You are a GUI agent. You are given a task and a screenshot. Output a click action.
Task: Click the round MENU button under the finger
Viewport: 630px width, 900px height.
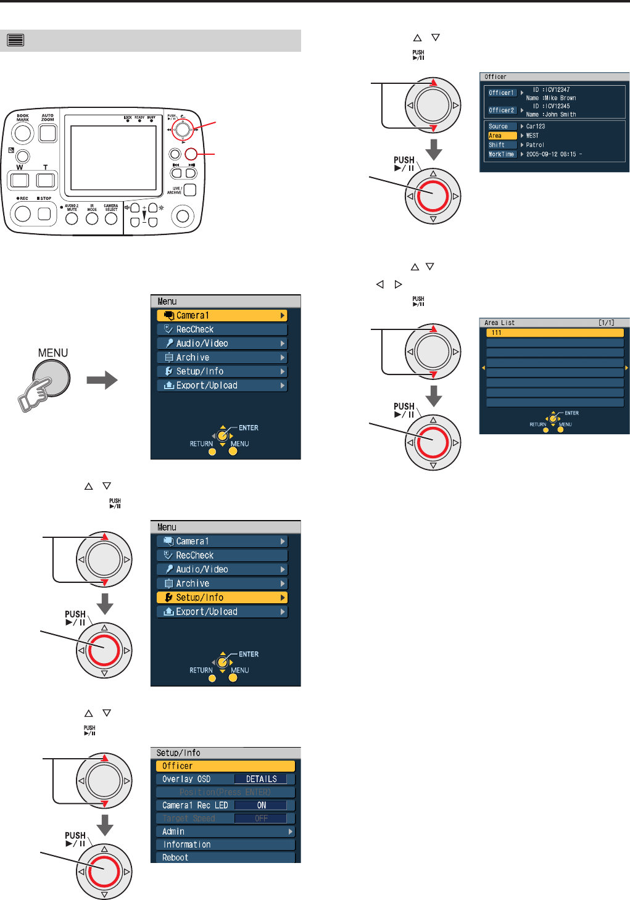click(x=52, y=378)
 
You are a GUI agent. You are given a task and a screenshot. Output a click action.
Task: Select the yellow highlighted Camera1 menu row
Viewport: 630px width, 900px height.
click(x=222, y=315)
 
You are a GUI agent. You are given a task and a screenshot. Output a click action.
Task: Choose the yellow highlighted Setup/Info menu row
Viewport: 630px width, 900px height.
click(x=222, y=597)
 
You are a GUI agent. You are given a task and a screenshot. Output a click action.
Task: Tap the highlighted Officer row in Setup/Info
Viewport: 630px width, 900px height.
click(x=225, y=766)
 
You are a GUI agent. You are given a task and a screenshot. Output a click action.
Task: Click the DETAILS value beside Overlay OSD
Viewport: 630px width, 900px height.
click(x=261, y=779)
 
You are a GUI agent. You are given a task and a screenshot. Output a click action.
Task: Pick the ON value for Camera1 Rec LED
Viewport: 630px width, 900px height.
click(x=262, y=805)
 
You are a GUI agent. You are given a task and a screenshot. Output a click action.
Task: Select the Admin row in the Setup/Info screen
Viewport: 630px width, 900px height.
click(x=225, y=832)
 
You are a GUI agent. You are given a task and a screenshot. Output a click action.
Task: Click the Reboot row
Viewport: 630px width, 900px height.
click(x=225, y=857)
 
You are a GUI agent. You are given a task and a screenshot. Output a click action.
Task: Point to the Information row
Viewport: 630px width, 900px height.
click(x=225, y=844)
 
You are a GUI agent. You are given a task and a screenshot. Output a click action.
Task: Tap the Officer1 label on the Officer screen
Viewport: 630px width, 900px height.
click(x=501, y=93)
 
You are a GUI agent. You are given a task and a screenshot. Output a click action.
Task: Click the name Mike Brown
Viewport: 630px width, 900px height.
click(x=560, y=98)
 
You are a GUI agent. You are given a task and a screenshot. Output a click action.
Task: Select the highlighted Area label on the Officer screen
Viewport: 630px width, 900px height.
click(x=502, y=136)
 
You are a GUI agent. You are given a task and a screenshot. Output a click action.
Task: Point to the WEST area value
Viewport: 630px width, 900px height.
click(x=533, y=136)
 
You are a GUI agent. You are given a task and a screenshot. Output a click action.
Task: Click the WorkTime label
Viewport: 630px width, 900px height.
click(x=502, y=154)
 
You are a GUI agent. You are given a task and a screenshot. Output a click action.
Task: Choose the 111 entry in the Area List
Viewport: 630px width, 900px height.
click(x=555, y=332)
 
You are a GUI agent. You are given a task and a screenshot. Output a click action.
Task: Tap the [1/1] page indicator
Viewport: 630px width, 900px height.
click(x=606, y=323)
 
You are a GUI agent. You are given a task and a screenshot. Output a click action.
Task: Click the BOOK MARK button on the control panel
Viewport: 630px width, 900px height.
click(x=23, y=133)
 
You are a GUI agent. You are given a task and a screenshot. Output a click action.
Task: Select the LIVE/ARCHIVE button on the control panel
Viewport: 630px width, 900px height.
click(x=190, y=190)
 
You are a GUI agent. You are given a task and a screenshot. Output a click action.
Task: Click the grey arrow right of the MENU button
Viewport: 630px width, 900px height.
click(x=102, y=380)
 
